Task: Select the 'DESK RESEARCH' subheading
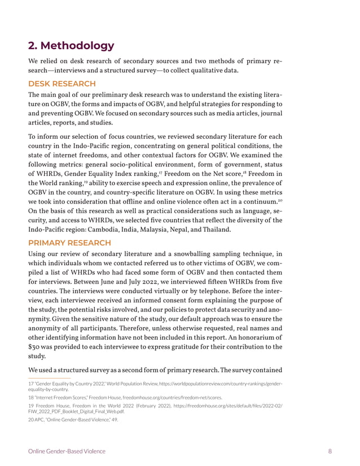pyautogui.click(x=62, y=83)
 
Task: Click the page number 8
pyautogui.click(x=329, y=451)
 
